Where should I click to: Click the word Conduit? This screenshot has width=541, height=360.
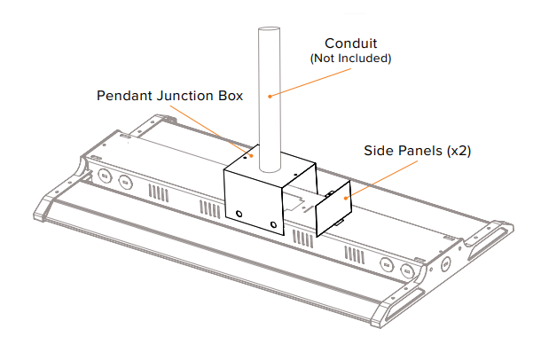click(x=350, y=43)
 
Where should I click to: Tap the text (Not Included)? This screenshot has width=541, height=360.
click(x=350, y=59)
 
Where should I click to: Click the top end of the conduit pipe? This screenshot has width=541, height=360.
click(x=268, y=32)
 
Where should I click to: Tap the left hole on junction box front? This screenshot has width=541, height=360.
click(x=240, y=213)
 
